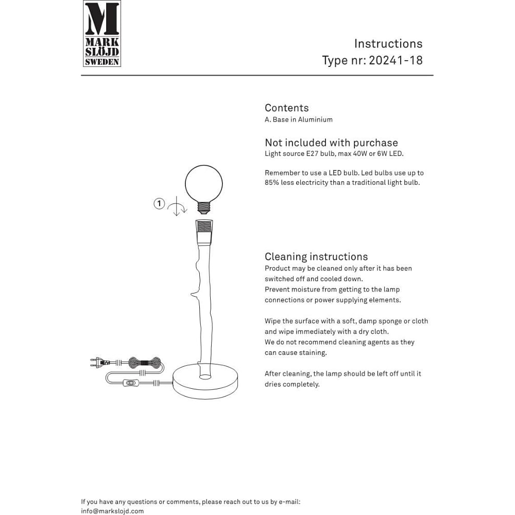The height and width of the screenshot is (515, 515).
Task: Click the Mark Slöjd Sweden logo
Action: tap(102, 33)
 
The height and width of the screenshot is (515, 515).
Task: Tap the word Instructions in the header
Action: tap(388, 44)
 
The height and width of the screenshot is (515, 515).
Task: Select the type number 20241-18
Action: tap(396, 60)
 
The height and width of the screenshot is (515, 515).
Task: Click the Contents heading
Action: tap(286, 108)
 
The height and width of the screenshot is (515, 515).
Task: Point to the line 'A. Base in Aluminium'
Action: tap(298, 119)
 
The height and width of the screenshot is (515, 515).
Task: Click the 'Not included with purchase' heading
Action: tap(331, 143)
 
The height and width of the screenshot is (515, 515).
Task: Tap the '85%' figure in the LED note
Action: tap(272, 183)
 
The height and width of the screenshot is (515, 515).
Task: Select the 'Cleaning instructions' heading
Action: tap(316, 256)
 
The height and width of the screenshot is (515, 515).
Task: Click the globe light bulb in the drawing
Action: tap(204, 184)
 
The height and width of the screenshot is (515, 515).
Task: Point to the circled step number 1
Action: tap(159, 203)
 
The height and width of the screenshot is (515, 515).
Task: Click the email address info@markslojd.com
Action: tap(112, 511)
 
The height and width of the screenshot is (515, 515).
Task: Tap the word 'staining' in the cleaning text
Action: tap(311, 353)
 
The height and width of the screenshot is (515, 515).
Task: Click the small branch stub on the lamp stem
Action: tap(194, 295)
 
